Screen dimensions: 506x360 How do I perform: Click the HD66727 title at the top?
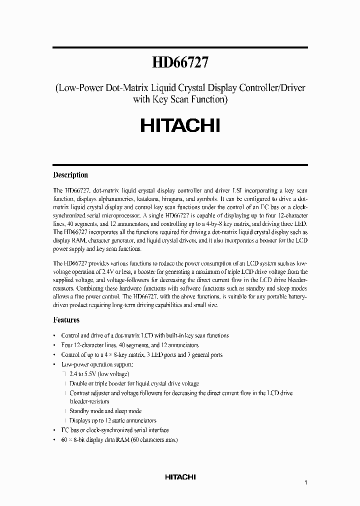(180, 63)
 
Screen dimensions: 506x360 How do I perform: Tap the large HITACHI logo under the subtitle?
(180, 125)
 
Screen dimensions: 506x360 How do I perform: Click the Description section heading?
(70, 175)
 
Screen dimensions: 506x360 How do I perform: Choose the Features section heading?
(66, 319)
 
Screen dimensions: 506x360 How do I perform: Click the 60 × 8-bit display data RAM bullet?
(119, 439)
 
